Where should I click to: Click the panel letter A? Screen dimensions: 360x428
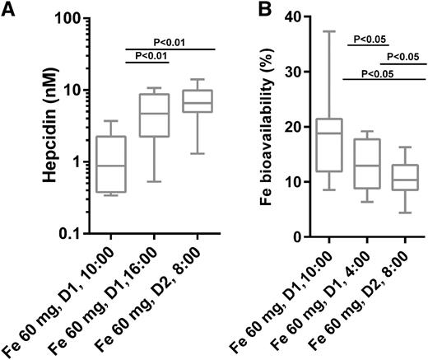point(8,9)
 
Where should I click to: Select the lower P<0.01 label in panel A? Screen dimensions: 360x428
point(149,55)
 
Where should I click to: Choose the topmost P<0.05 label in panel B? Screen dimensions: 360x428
point(370,38)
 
